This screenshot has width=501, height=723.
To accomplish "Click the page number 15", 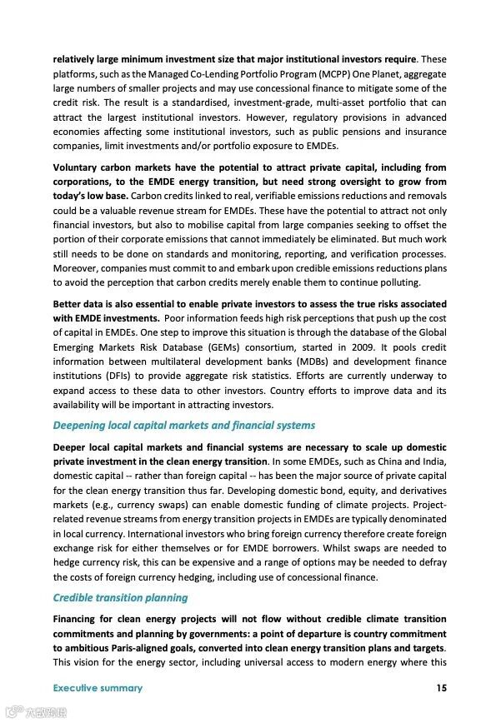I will point(441,688).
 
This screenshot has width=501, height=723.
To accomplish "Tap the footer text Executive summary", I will point(98,688).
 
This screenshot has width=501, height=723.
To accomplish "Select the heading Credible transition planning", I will point(120,597).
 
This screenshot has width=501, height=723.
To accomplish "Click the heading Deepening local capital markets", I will point(183,425).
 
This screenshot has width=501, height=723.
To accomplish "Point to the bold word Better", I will point(68,303).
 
